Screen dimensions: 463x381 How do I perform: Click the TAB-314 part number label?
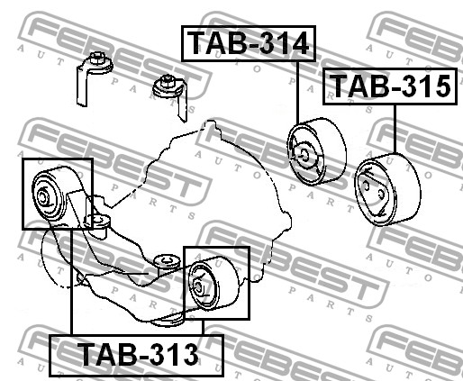tap(249, 43)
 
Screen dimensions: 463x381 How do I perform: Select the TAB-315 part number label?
tap(390, 86)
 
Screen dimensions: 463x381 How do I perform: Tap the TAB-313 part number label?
tap(137, 355)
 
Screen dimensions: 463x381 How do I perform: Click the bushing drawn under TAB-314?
tap(317, 151)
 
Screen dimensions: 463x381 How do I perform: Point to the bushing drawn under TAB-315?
tap(387, 189)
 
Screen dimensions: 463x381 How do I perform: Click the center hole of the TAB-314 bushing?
tap(304, 155)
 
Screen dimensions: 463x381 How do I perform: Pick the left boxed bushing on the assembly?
tap(57, 194)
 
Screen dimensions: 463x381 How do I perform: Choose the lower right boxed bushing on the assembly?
tap(216, 283)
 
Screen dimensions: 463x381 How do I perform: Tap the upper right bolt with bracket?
tap(171, 95)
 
